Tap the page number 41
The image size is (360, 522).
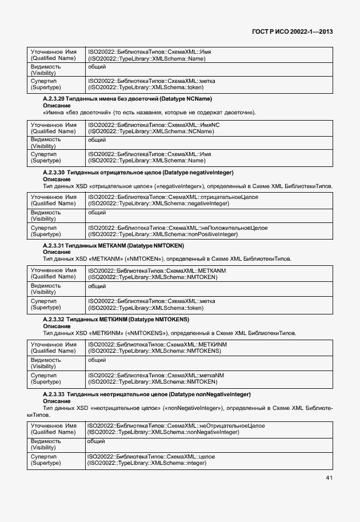(x=329, y=477)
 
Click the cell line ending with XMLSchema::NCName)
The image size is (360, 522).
(x=151, y=131)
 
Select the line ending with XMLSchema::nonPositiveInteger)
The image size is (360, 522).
(x=162, y=234)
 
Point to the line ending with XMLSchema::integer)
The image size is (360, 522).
(x=146, y=463)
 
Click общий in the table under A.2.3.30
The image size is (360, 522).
(x=97, y=212)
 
